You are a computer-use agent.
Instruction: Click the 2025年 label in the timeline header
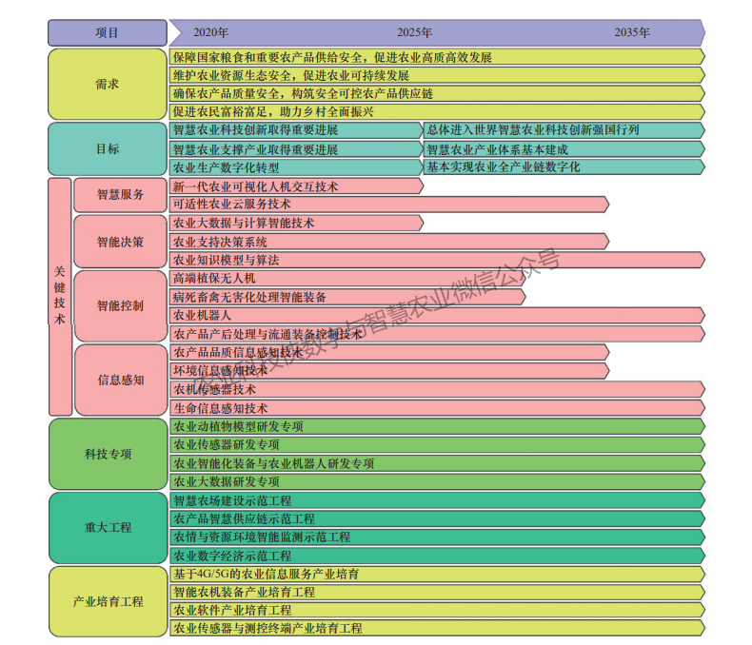(x=414, y=32)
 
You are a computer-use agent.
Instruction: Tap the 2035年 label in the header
(x=632, y=32)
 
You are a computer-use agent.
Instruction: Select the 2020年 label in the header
(x=210, y=32)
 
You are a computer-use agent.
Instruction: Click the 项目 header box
(x=108, y=33)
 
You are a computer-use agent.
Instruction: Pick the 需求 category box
(x=108, y=84)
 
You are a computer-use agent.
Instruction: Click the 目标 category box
(x=108, y=148)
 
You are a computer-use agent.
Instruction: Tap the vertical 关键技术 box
(x=60, y=297)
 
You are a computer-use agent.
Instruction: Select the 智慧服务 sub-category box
(x=120, y=195)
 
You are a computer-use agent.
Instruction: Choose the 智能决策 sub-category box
(x=120, y=242)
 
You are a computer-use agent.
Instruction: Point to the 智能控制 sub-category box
(x=120, y=305)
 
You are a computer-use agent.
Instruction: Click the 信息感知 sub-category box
(x=121, y=380)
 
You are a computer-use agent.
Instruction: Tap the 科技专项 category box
(x=108, y=454)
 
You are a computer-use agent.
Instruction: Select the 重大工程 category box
(x=108, y=528)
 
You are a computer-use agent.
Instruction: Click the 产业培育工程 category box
(x=108, y=601)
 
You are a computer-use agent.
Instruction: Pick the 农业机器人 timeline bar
(x=437, y=315)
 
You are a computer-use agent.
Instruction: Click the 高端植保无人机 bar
(x=347, y=279)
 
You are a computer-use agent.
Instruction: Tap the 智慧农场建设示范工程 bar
(x=437, y=500)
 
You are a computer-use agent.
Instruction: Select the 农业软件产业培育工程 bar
(x=437, y=610)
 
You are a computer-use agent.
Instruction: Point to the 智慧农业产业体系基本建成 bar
(x=564, y=149)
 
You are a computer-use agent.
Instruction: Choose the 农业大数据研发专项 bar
(x=437, y=481)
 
